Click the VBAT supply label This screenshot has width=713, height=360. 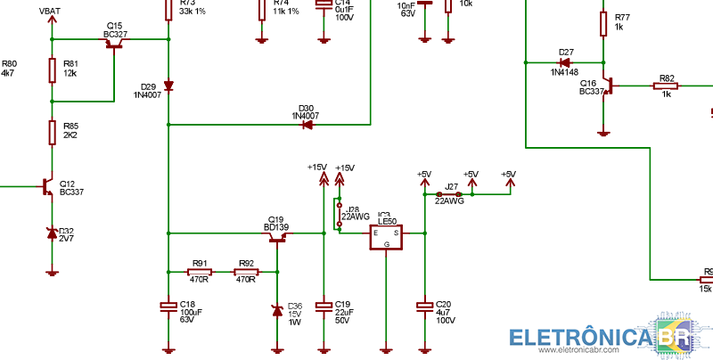click(x=52, y=11)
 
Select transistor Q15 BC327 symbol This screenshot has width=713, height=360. click(x=114, y=44)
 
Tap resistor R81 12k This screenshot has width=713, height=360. click(x=53, y=70)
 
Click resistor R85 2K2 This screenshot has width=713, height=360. click(x=53, y=133)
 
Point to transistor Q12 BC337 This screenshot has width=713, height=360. click(x=48, y=186)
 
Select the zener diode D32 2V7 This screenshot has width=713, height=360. click(x=53, y=233)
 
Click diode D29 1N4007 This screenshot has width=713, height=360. click(x=168, y=86)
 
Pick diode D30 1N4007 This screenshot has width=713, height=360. click(x=307, y=125)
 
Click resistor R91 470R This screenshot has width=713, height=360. click(x=200, y=272)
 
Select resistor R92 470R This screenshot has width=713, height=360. click(x=245, y=272)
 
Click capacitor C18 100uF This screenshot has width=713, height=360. click(x=168, y=307)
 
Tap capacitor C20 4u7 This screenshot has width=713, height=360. click(x=425, y=307)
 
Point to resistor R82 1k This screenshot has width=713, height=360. click(x=665, y=86)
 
